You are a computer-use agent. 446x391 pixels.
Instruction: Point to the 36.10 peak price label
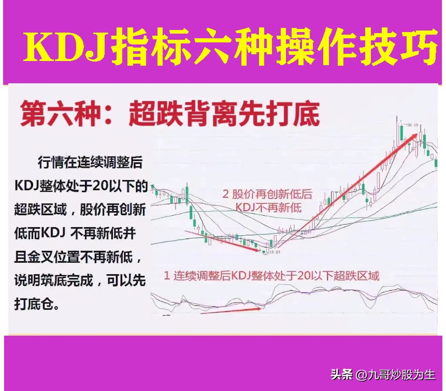(412, 125)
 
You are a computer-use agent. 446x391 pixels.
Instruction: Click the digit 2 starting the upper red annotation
(226, 194)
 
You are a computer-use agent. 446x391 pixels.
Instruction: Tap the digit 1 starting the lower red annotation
(167, 275)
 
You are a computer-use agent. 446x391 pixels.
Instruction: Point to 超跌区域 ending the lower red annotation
(359, 275)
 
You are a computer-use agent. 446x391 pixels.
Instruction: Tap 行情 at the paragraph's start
(49, 162)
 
